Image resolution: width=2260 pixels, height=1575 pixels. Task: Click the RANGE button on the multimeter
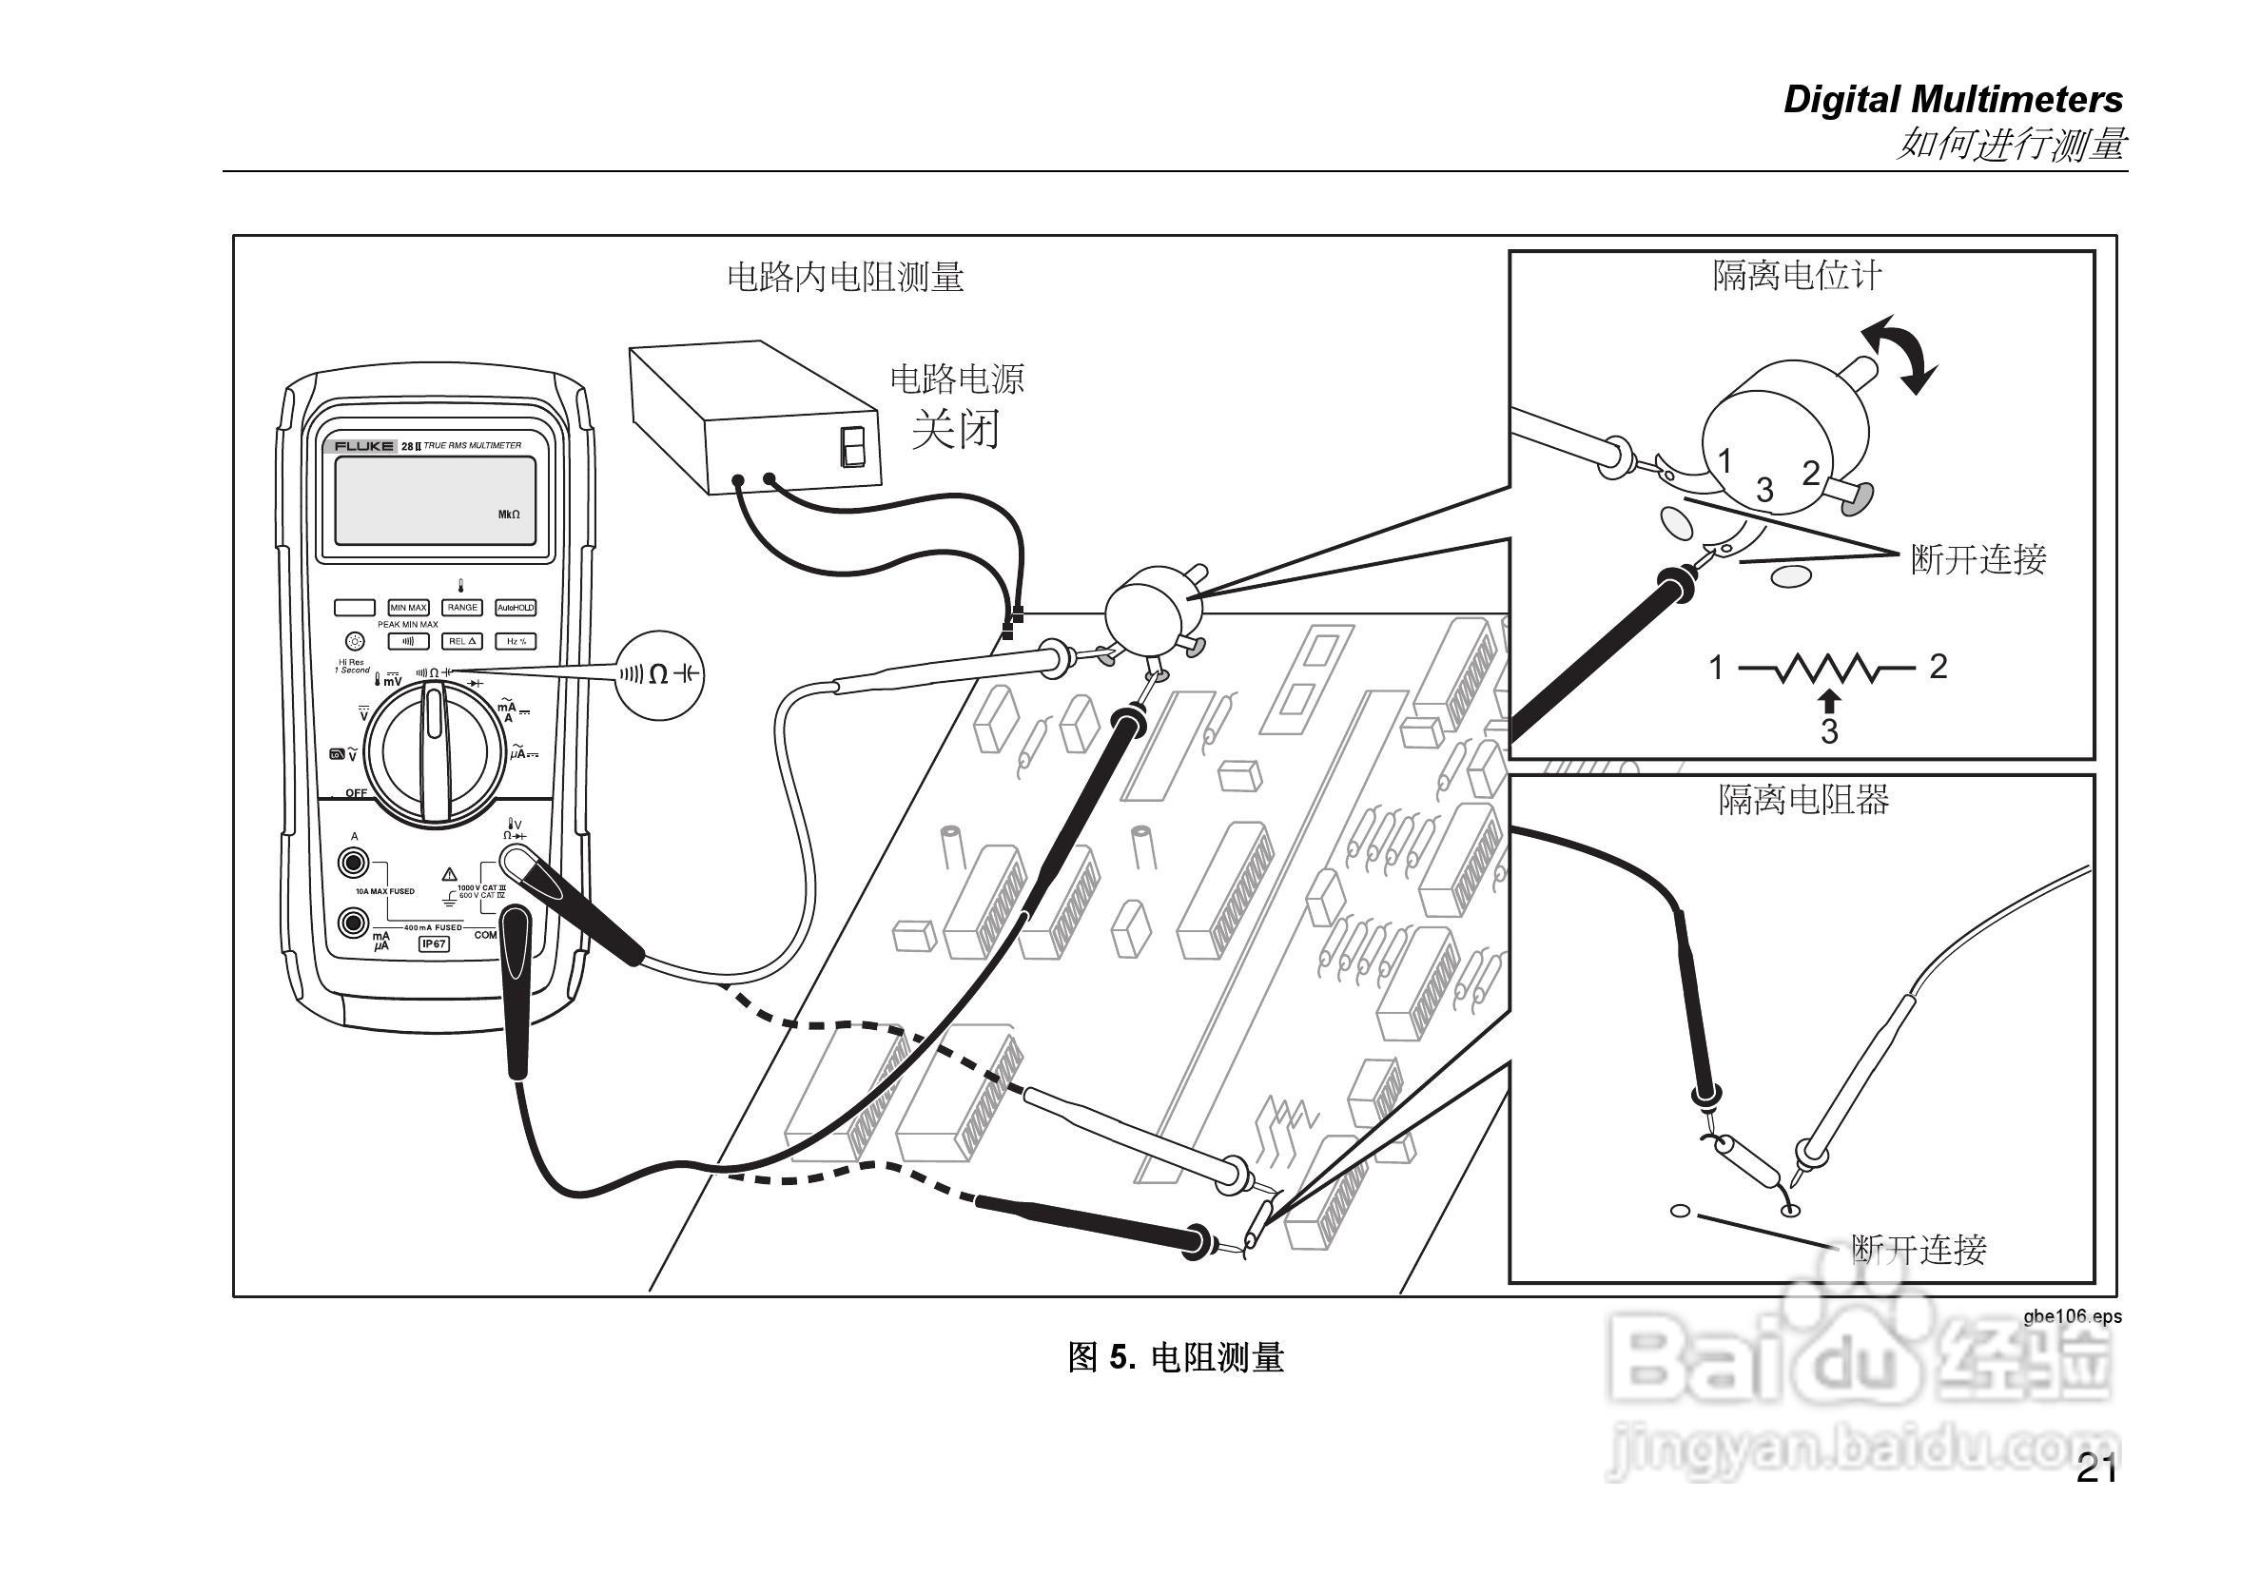coord(461,609)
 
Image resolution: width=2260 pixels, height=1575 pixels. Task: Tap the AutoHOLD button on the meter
coord(515,609)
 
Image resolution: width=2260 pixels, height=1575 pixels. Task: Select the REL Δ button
coord(461,642)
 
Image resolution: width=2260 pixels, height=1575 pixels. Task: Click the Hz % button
coord(515,642)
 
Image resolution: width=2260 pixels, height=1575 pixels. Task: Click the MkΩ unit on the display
coord(509,515)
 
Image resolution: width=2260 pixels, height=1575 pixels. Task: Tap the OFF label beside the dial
coord(356,792)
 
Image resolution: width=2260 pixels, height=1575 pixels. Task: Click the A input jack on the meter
coord(351,864)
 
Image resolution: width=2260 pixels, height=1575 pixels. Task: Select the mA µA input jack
coord(351,923)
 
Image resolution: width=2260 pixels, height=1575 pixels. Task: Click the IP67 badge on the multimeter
coord(433,944)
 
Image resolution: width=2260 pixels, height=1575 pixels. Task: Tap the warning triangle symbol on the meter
coord(449,873)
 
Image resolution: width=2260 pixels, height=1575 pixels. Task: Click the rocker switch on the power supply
coord(852,447)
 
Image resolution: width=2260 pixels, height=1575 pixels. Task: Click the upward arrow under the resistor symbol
coord(1829,700)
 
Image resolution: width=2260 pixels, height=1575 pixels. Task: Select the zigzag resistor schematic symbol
coord(1827,669)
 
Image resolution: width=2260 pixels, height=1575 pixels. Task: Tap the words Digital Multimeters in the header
coord(1953,101)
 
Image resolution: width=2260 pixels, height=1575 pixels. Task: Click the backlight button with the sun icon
coord(356,641)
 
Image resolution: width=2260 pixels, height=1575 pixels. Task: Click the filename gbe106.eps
coord(2072,1317)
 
